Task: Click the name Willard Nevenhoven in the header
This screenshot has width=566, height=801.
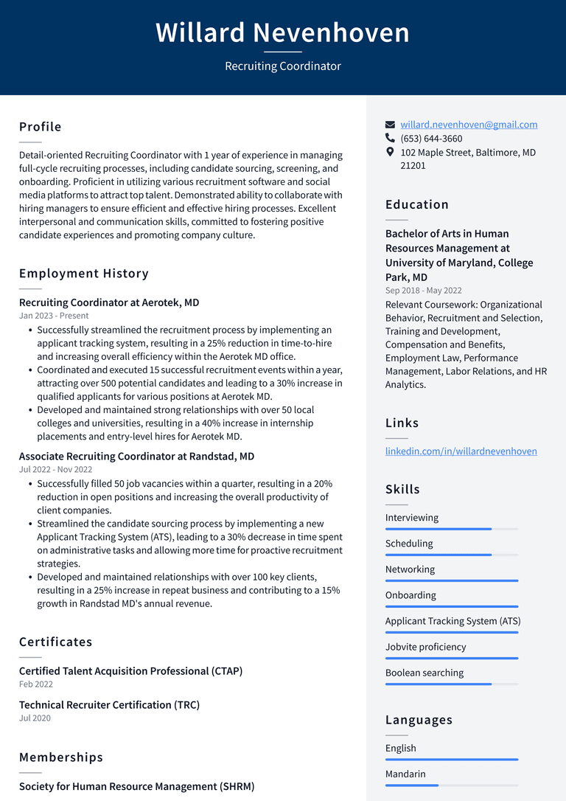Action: [x=282, y=33]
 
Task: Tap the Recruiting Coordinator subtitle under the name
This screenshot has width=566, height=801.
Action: [x=282, y=66]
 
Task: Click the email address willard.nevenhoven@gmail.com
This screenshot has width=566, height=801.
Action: [x=469, y=125]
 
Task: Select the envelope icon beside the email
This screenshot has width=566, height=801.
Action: [x=391, y=125]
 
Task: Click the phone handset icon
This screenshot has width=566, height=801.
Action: [x=391, y=138]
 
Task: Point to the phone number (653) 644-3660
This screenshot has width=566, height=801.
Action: [x=431, y=139]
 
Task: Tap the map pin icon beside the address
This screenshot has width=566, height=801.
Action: [x=391, y=152]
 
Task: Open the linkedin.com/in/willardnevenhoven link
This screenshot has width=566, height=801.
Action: [x=461, y=451]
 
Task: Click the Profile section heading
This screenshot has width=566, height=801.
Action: [x=41, y=127]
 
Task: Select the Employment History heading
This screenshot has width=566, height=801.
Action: [x=84, y=274]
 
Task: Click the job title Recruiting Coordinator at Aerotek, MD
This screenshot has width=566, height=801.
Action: [x=109, y=302]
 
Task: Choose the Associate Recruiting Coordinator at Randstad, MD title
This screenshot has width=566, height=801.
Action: [x=136, y=457]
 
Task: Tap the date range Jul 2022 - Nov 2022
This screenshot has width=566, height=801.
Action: [x=56, y=470]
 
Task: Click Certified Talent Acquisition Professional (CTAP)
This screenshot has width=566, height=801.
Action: [x=130, y=671]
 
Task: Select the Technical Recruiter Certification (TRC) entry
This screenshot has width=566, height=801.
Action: [x=109, y=705]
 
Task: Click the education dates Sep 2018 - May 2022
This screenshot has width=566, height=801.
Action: [x=424, y=291]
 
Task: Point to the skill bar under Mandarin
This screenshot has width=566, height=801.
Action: [x=451, y=786]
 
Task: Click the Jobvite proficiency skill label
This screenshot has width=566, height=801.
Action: [x=425, y=647]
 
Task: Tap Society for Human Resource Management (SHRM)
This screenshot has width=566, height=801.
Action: [x=136, y=786]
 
